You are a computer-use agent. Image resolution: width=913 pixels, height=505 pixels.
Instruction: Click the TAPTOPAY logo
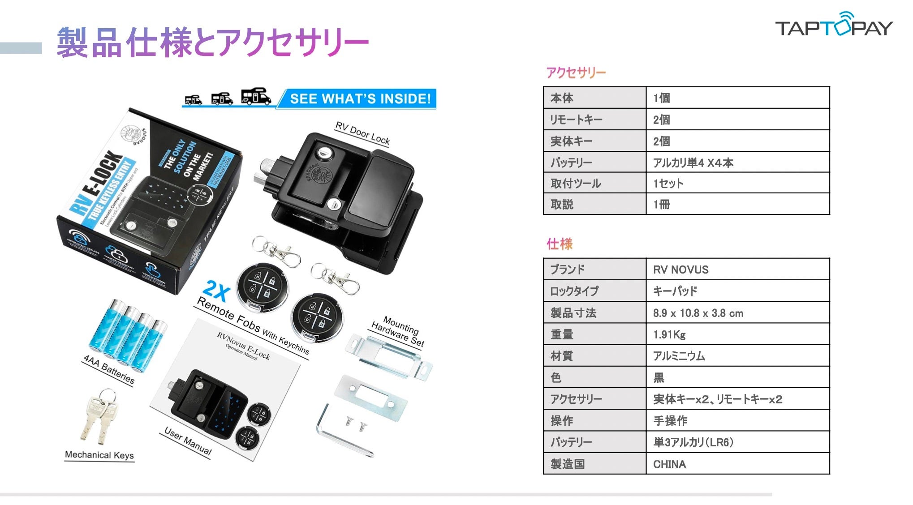click(834, 26)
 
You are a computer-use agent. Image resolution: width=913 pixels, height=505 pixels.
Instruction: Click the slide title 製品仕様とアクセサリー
click(213, 43)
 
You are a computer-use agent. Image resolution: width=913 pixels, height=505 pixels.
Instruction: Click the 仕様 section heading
click(560, 244)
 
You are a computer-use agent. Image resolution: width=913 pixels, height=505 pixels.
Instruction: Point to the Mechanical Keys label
click(99, 455)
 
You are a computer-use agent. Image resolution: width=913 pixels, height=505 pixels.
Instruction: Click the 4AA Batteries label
click(109, 369)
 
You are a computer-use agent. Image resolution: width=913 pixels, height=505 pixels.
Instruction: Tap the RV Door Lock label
click(362, 133)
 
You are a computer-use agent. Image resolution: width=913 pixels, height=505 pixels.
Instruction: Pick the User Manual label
click(188, 441)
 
